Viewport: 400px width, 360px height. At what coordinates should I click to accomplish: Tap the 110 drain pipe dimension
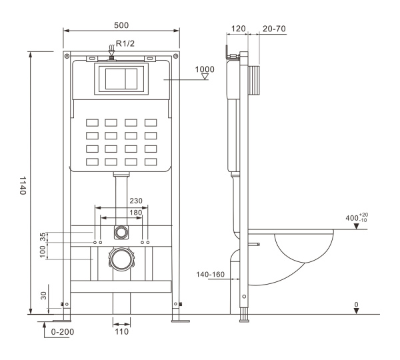coord(121,332)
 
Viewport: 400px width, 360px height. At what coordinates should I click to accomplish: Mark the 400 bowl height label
coord(351,219)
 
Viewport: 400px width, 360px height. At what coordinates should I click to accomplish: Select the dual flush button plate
coord(121,79)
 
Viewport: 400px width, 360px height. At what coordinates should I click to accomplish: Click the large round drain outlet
coord(121,258)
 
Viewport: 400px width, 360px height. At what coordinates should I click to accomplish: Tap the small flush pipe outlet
coord(121,232)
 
